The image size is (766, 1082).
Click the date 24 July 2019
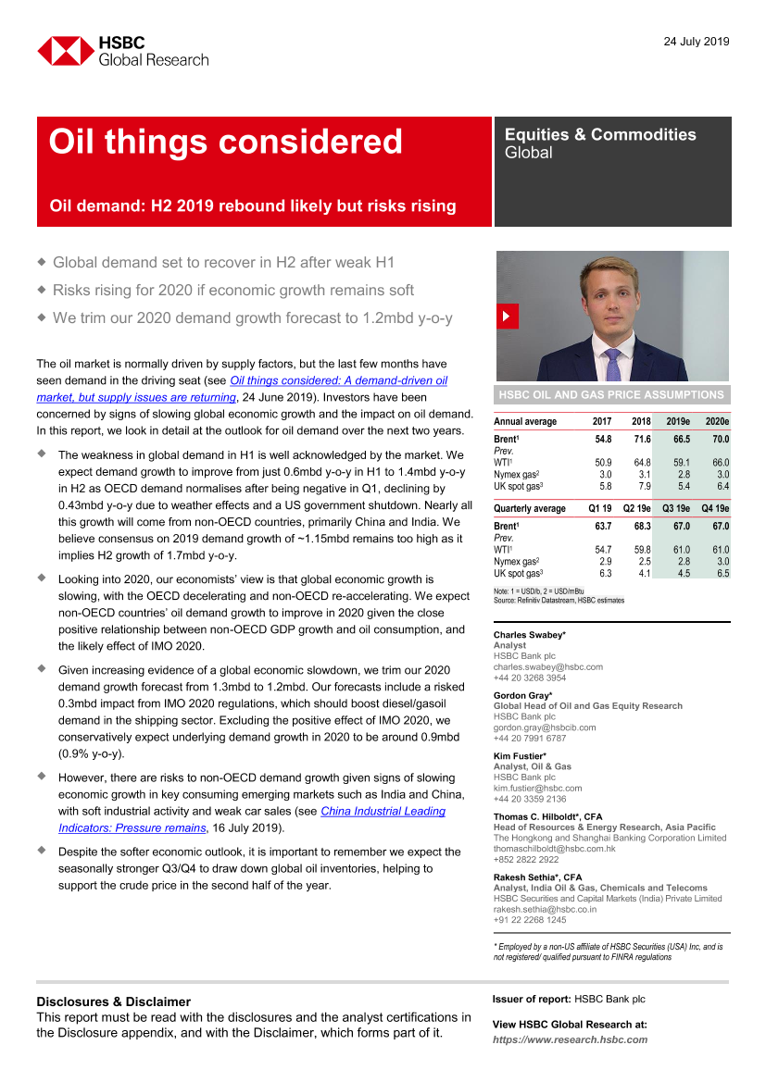coord(697,42)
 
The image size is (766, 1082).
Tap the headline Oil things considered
coord(225,142)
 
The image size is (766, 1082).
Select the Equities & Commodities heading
coord(599,134)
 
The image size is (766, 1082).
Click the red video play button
coord(506,317)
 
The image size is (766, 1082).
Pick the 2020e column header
coord(715,421)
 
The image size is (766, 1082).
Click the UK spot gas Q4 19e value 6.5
coord(719,574)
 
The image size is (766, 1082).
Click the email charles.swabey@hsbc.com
coord(547,666)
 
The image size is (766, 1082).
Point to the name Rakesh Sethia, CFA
coord(538,877)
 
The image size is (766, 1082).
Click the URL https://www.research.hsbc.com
coord(570,1039)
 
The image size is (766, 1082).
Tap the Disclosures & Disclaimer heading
coord(113,1001)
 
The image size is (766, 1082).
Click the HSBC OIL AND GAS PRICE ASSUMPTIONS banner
coord(611,394)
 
